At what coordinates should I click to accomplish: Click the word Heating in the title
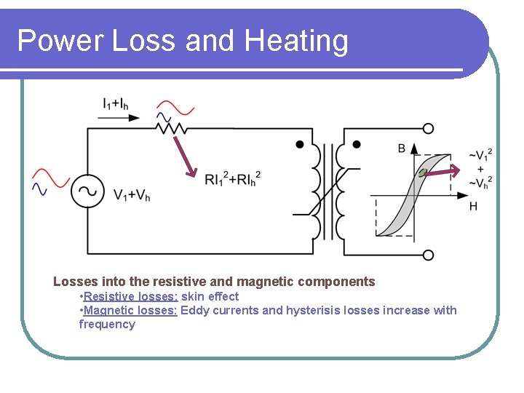pyautogui.click(x=296, y=41)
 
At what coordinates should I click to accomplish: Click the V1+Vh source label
pyautogui.click(x=132, y=195)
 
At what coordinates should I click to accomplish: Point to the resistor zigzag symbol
pyautogui.click(x=170, y=128)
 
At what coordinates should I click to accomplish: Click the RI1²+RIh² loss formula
pyautogui.click(x=232, y=178)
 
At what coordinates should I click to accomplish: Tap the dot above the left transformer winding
pyautogui.click(x=300, y=145)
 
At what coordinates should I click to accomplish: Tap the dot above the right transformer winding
pyautogui.click(x=357, y=145)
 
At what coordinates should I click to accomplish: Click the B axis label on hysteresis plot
pyautogui.click(x=402, y=148)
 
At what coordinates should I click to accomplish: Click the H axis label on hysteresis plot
pyautogui.click(x=473, y=207)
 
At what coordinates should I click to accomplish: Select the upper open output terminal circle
pyautogui.click(x=428, y=129)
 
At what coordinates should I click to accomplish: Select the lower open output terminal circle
pyautogui.click(x=428, y=255)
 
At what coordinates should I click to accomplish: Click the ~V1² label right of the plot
pyautogui.click(x=480, y=154)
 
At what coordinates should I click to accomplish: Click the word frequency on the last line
pyautogui.click(x=107, y=324)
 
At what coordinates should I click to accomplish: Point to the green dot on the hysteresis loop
pyautogui.click(x=421, y=172)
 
